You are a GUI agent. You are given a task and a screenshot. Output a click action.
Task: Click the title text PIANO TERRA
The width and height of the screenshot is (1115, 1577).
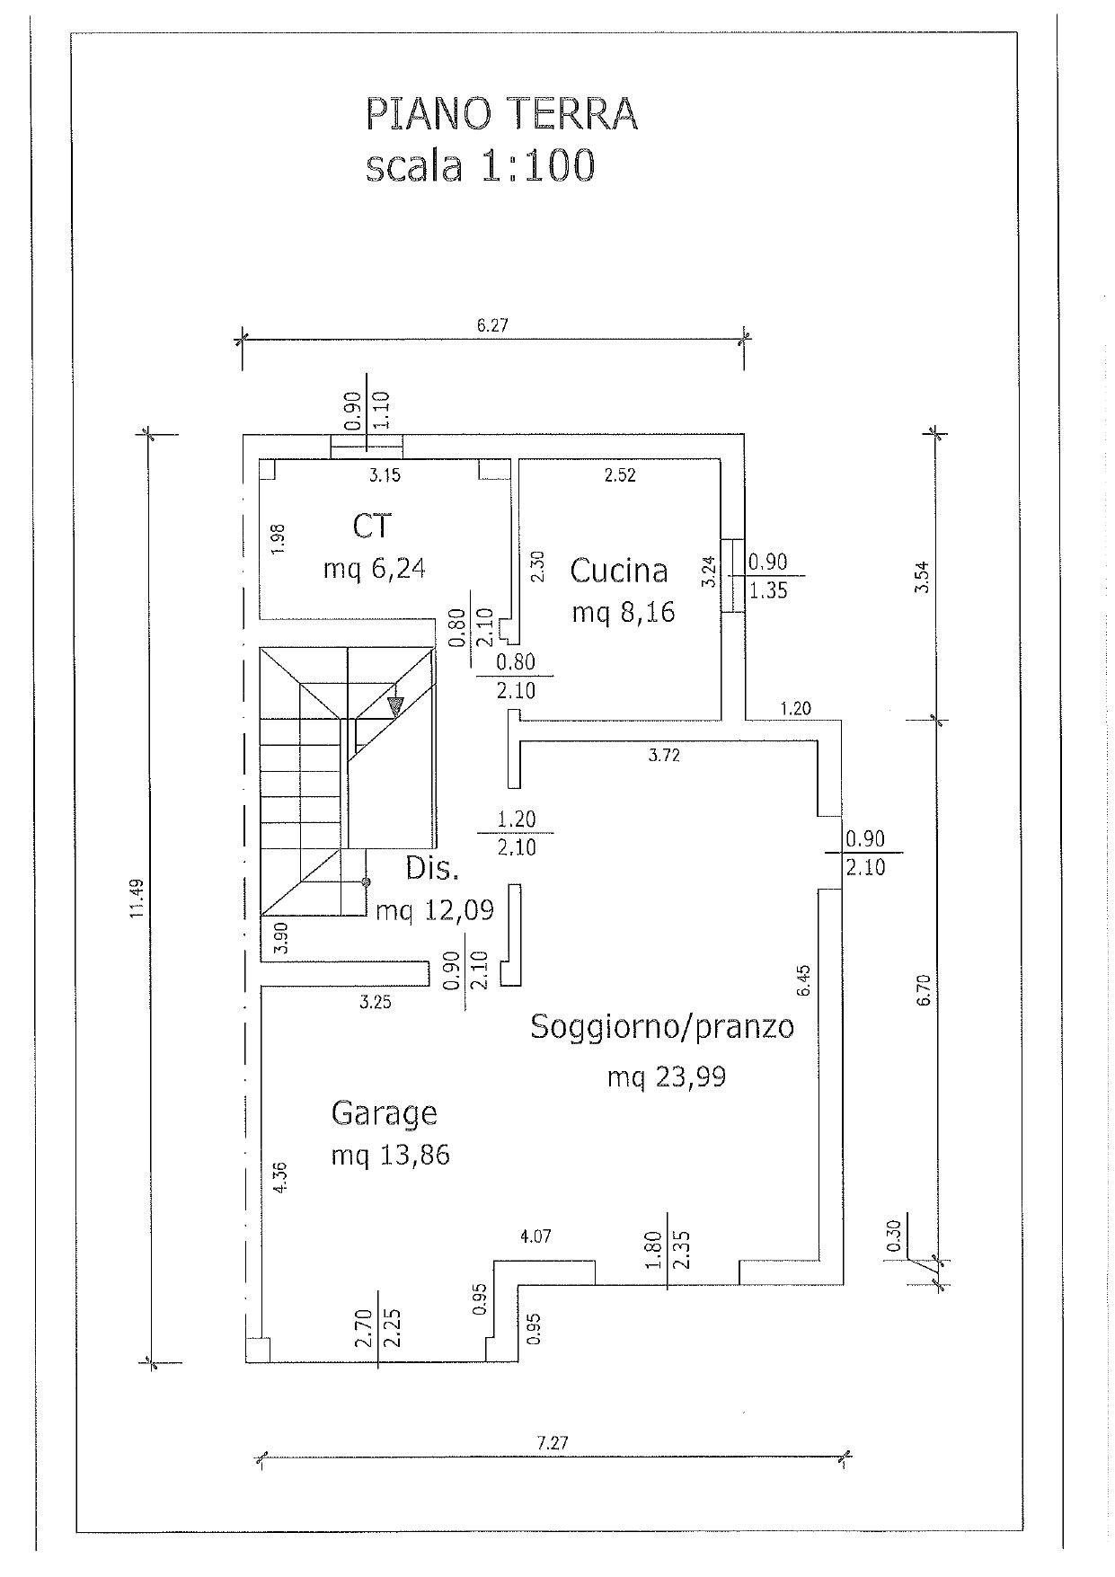[x=501, y=115]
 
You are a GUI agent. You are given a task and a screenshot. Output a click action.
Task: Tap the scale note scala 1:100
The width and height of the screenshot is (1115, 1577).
[x=480, y=167]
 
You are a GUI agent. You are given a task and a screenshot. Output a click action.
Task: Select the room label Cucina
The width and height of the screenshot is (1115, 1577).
[x=619, y=571]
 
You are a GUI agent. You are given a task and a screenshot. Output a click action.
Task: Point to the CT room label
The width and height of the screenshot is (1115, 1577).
[x=372, y=526]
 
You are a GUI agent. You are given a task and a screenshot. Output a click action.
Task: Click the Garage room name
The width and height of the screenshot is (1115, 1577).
[x=384, y=1112]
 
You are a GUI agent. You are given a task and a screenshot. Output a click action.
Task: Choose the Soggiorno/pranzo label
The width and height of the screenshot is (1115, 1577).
[x=662, y=1026]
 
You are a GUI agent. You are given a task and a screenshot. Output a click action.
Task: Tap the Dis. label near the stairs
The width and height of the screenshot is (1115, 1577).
[x=432, y=868]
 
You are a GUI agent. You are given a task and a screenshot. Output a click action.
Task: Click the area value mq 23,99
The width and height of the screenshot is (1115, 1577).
[x=666, y=1076]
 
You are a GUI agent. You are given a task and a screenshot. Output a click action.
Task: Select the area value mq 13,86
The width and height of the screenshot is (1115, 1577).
[x=390, y=1155]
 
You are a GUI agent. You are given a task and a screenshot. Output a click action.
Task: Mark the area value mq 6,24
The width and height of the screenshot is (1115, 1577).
[x=374, y=568]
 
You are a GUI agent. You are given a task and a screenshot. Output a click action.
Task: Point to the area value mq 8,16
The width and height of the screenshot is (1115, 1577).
[x=623, y=613]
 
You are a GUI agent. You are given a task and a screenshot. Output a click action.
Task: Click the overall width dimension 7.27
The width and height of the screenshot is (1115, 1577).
[x=553, y=1443]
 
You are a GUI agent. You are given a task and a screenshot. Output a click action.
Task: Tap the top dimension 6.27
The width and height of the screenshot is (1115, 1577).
[x=492, y=325]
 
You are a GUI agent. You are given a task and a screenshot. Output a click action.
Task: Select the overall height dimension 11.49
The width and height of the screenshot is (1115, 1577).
[x=136, y=898]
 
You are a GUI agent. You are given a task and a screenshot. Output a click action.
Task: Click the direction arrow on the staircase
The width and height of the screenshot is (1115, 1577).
[x=394, y=706]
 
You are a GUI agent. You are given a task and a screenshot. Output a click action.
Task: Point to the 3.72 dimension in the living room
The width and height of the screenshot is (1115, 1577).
[x=664, y=756]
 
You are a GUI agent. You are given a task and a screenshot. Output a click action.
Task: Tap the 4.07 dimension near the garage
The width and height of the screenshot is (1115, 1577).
[x=535, y=1236]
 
